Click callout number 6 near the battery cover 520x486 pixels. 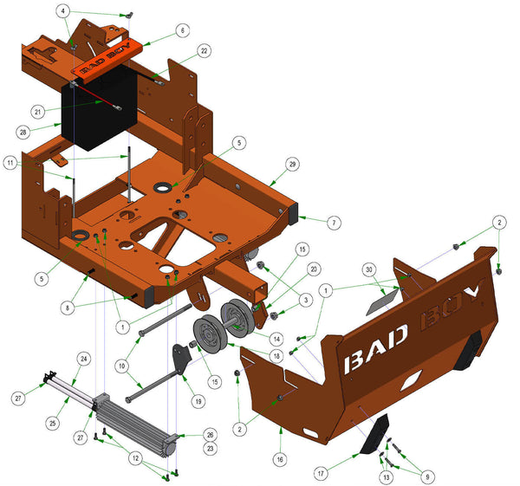(x=182, y=29)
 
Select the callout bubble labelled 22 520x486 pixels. (x=204, y=50)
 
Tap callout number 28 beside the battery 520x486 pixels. (x=23, y=132)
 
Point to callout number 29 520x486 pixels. (x=293, y=164)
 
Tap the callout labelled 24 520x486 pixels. (x=84, y=358)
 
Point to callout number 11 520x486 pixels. (x=9, y=163)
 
